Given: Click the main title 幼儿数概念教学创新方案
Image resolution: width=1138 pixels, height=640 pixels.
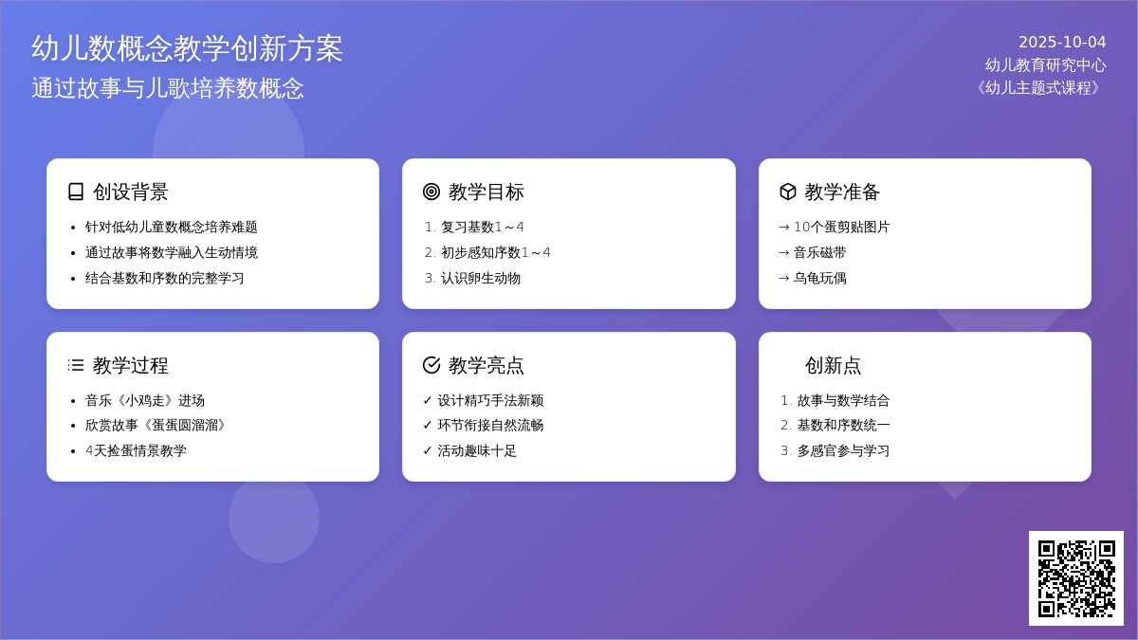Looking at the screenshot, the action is [187, 48].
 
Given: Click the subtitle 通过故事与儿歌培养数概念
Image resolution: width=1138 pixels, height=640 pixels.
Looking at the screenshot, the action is [168, 88].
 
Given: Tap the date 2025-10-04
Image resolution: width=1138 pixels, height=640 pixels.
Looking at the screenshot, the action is [1062, 42].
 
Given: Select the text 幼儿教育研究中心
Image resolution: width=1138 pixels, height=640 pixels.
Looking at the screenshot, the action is [1045, 65].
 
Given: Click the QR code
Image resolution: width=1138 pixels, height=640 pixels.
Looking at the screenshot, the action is [1076, 578].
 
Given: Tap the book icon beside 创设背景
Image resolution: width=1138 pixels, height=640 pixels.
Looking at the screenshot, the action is [76, 192].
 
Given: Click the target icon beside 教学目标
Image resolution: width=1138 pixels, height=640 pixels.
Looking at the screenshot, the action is [431, 192].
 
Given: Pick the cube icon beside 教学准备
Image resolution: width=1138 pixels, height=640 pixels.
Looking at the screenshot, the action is [788, 192].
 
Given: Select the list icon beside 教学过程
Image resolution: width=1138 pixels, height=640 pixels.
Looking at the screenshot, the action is [76, 365].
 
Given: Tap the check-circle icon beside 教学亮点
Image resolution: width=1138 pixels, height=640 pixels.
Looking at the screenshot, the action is [431, 365].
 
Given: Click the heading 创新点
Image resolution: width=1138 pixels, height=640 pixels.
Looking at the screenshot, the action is [834, 365].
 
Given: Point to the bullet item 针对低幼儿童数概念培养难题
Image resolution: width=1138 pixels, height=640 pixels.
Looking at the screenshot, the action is [172, 227].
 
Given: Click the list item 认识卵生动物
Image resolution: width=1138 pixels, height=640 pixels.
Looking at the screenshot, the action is [481, 279].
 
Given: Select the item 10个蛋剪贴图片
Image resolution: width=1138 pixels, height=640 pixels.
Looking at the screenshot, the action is [842, 227].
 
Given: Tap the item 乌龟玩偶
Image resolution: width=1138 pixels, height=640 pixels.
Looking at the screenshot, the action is [820, 279].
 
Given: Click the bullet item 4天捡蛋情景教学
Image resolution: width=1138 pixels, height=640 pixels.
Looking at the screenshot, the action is [137, 451].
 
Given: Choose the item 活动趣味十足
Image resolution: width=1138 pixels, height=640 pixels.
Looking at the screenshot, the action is [477, 451].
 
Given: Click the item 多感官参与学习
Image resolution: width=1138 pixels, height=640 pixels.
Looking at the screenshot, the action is [843, 451].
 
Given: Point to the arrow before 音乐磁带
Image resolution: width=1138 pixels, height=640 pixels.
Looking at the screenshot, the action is [784, 253].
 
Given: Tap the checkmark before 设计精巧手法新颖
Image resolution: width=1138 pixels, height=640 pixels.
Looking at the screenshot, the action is [428, 400].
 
